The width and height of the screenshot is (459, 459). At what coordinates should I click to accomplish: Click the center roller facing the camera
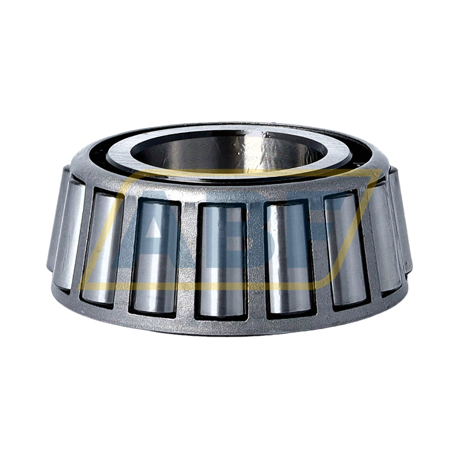coord(221,260)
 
